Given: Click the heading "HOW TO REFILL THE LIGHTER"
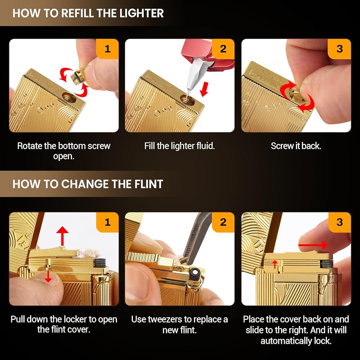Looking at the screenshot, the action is pyautogui.click(x=88, y=13).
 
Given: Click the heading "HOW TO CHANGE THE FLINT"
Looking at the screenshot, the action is pyautogui.click(x=88, y=184).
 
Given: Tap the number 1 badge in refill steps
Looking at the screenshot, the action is pyautogui.click(x=107, y=49).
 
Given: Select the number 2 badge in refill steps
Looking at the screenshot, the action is pyautogui.click(x=223, y=49).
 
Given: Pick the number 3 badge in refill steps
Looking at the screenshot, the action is pyautogui.click(x=339, y=49).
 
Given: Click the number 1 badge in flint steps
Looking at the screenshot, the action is pyautogui.click(x=107, y=222).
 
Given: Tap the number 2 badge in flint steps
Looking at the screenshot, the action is pyautogui.click(x=223, y=222).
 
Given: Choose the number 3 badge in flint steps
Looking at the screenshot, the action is pyautogui.click(x=339, y=222).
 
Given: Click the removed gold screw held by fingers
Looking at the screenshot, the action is pyautogui.click(x=78, y=76).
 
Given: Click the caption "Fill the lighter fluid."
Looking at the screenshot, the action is pyautogui.click(x=180, y=146).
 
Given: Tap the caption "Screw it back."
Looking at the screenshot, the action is pyautogui.click(x=296, y=146).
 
